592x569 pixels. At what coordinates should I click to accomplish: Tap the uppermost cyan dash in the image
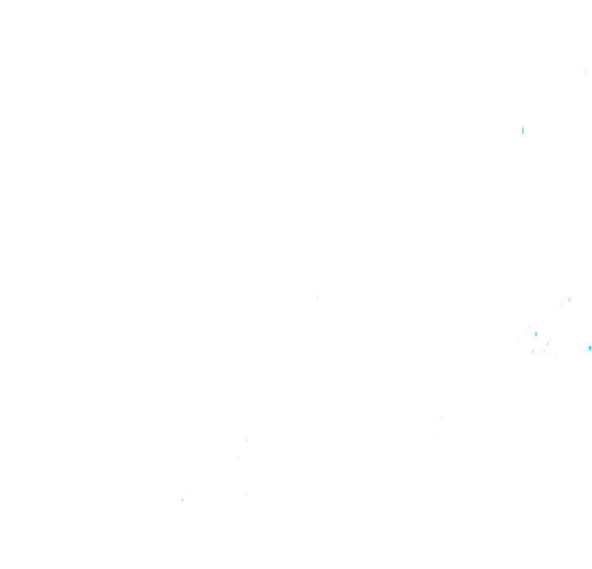tap(523, 131)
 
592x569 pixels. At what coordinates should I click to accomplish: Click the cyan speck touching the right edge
tap(590, 348)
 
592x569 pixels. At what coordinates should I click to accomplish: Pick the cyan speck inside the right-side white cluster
tap(536, 334)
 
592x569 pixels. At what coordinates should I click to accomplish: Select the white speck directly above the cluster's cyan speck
tap(530, 326)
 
